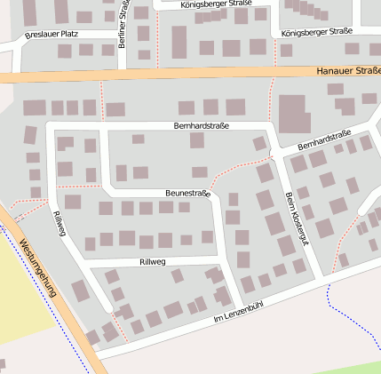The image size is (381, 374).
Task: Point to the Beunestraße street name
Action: pos(187,193)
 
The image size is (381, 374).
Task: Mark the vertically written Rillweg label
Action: pos(60,225)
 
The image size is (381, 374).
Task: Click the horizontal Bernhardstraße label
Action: pos(202,126)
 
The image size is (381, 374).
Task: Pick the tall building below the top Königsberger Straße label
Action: pos(179,41)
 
